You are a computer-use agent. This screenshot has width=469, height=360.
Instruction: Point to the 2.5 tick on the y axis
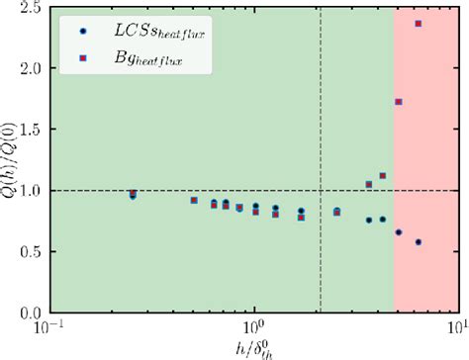(32, 8)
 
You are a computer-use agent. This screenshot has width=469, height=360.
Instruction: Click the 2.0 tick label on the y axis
(32, 69)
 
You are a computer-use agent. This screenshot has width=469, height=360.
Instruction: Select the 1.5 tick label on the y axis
(32, 130)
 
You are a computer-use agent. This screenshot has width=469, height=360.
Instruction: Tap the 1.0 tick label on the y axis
(32, 190)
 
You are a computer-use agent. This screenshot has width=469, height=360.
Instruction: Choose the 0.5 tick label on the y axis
(32, 251)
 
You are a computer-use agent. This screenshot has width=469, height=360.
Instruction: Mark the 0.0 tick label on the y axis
(32, 312)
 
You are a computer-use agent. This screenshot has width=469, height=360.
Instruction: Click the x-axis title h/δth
(253, 347)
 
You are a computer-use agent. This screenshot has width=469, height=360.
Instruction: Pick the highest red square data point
(419, 24)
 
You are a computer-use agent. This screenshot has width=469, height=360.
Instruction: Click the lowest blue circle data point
(419, 242)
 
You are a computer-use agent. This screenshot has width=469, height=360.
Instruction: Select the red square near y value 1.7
(399, 102)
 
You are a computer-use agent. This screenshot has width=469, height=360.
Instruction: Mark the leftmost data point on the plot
(133, 195)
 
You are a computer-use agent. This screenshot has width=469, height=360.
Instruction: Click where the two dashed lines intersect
(321, 190)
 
